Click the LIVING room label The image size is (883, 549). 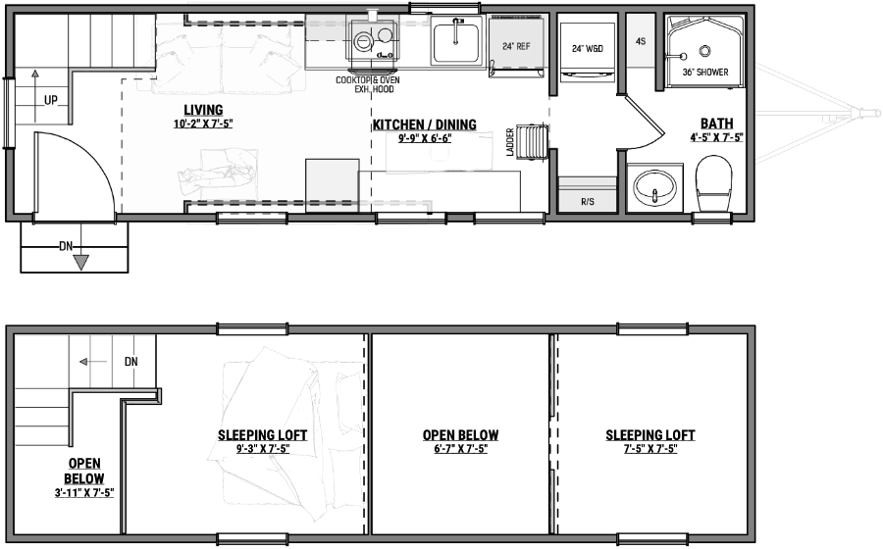coord(203,110)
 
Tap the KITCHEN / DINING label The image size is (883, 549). coord(425,125)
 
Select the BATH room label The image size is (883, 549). coord(717,124)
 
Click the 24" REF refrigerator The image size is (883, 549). coord(516,47)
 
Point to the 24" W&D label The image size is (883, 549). coord(588,48)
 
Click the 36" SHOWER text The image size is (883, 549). coord(705,72)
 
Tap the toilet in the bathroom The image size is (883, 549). coord(713,182)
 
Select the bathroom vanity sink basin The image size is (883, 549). coord(654,187)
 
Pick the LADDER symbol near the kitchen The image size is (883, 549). coord(532,141)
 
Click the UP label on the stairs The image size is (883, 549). coord(51,101)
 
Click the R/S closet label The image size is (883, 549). coord(588,201)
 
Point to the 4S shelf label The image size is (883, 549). coord(641,41)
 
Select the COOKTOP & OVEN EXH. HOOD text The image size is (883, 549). coord(368,84)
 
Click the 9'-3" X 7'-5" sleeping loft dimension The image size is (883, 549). coord(262,449)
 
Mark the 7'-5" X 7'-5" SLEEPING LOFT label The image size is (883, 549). coord(649,441)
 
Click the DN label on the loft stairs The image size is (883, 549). coord(130,362)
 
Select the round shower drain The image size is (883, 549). coord(704,51)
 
